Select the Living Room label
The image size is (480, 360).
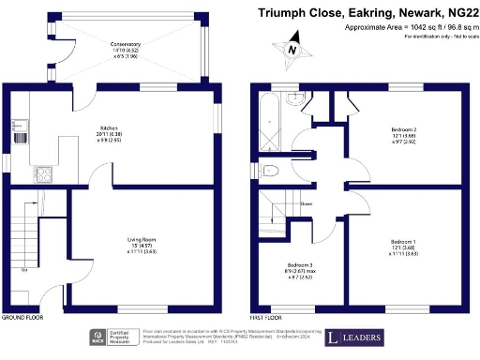click(x=142, y=240)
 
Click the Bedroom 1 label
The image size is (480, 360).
click(x=404, y=242)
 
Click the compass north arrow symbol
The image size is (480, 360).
click(x=292, y=50)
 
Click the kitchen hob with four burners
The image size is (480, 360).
click(x=43, y=172)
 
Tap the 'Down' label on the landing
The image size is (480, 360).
click(x=306, y=202)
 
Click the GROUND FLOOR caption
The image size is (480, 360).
click(x=25, y=318)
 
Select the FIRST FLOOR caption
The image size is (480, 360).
click(x=268, y=318)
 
